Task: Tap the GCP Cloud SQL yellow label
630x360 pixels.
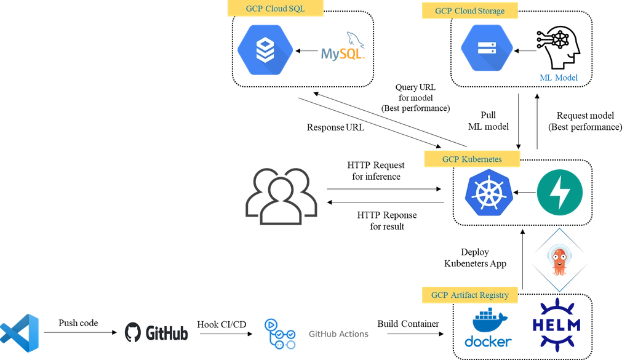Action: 275,9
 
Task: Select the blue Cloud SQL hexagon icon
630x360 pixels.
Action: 265,50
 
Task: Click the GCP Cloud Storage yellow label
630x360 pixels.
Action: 469,11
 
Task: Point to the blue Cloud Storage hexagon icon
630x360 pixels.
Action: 487,48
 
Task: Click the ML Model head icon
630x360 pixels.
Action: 559,48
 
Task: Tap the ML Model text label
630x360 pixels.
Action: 559,78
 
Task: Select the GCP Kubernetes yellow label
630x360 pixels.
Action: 472,159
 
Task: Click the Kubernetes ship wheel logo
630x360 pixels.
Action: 489,193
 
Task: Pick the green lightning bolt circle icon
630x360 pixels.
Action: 560,193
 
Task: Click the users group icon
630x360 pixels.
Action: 281,196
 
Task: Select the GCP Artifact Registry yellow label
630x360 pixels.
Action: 469,295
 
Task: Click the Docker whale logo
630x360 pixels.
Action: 488,327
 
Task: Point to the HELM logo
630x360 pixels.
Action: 556,325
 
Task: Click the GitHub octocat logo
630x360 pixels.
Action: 133,332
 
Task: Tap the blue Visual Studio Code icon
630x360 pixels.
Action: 20,333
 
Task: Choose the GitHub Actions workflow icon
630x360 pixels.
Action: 280,334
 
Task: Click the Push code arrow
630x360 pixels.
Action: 81,332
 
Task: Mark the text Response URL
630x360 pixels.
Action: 335,127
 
